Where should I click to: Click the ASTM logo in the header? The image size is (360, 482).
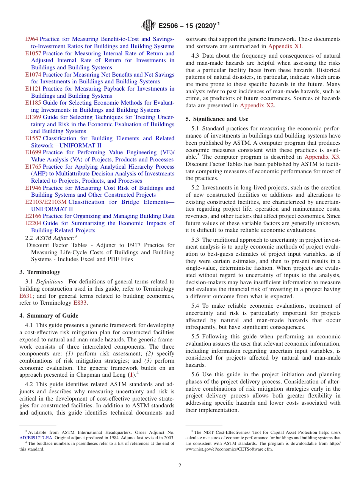click(148, 25)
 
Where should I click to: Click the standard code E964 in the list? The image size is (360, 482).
click(31, 39)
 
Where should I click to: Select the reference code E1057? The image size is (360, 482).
click(33, 53)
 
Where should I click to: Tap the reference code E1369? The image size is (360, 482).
click(33, 117)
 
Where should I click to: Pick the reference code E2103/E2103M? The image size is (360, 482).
click(46, 202)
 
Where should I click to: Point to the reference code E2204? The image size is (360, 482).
click(33, 223)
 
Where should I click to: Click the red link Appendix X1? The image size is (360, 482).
click(285, 46)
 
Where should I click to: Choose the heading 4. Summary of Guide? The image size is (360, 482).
click(49, 316)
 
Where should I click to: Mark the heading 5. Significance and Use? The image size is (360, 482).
click(217, 119)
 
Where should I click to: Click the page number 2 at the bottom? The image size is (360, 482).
click(180, 465)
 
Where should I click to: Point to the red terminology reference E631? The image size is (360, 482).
click(26, 296)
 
